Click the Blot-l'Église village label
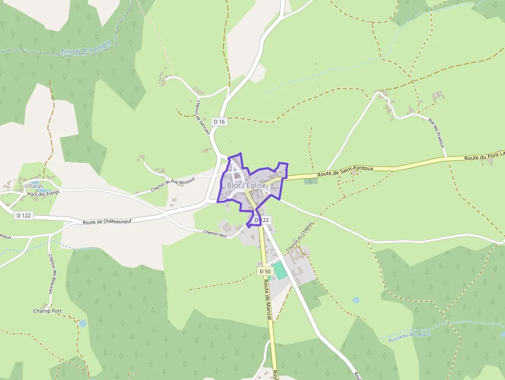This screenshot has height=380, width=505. tap(246, 186)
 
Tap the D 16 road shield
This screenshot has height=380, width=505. tap(219, 122)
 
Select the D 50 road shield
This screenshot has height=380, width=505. tap(265, 271)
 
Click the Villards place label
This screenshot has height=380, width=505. tap(33, 186)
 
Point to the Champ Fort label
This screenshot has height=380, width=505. tap(47, 311)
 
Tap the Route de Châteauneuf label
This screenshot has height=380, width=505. tap(107, 221)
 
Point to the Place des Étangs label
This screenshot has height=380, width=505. tap(43, 193)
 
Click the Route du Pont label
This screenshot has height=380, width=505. tap(483, 157)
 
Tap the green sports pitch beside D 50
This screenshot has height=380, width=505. tap(279, 270)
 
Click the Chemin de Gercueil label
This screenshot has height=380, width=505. tap(203, 117)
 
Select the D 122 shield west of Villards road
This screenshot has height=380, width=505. tap(24, 215)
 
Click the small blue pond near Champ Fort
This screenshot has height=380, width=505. tap(82, 324)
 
